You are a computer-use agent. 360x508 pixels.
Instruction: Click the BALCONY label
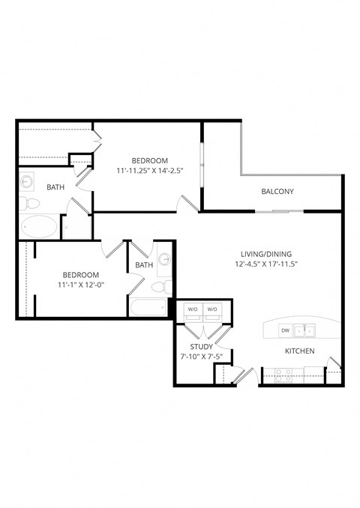click(277, 192)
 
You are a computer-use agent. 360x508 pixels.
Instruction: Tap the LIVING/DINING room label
click(261, 253)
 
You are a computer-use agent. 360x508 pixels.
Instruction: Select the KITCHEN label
click(298, 351)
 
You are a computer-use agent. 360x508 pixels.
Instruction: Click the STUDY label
click(201, 347)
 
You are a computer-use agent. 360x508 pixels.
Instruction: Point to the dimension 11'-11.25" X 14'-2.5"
click(150, 171)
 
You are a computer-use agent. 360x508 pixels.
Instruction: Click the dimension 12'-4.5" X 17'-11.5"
click(261, 264)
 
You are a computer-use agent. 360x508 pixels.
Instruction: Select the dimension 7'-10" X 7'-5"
click(201, 357)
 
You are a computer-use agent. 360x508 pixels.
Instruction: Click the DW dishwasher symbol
click(285, 330)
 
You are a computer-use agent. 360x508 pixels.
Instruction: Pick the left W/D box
click(193, 309)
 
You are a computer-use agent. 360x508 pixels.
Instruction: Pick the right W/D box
click(212, 309)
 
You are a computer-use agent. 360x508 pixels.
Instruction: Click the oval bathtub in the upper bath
click(38, 226)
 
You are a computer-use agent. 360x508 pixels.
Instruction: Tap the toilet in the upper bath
click(26, 202)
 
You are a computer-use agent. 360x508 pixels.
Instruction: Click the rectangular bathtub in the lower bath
click(147, 307)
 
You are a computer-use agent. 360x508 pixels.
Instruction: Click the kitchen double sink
click(305, 330)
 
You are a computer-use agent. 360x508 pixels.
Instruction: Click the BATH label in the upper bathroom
click(55, 187)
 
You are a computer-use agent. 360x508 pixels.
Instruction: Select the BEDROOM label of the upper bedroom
click(150, 160)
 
